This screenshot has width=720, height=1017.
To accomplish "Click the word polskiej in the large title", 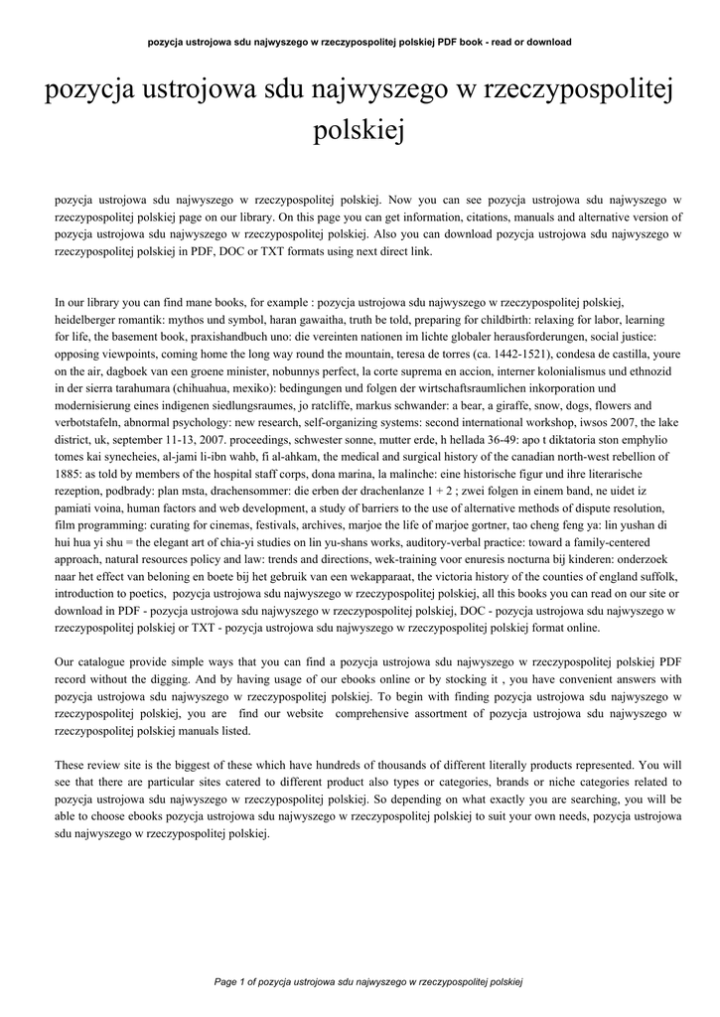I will click(x=360, y=130).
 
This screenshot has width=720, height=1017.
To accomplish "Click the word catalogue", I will click(x=104, y=662).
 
